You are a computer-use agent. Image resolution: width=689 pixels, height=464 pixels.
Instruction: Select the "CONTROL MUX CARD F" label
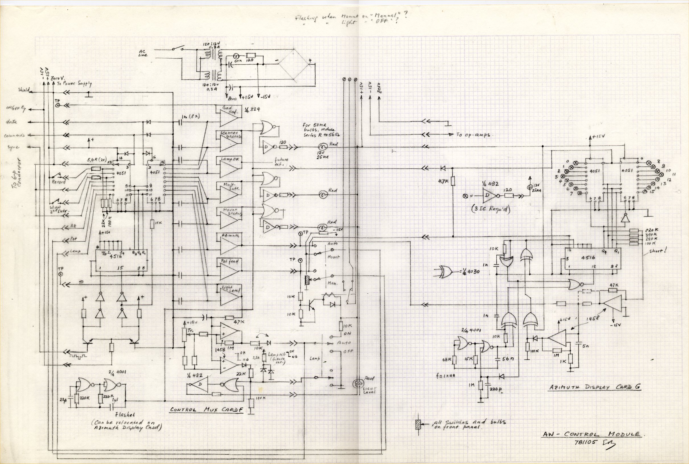click(x=206, y=410)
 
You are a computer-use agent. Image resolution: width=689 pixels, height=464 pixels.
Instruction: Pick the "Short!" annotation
click(x=658, y=251)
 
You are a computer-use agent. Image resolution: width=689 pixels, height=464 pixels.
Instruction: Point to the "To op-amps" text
click(x=473, y=135)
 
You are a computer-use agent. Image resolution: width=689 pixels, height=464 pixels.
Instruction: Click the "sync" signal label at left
click(x=14, y=148)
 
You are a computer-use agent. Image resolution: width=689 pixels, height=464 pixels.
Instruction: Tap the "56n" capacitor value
click(x=508, y=358)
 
